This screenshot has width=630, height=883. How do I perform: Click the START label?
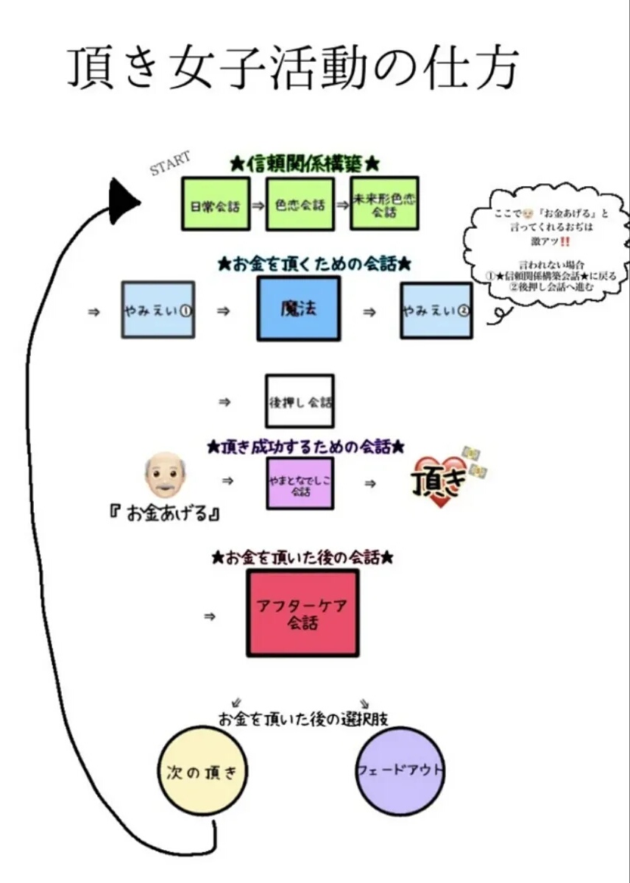[x=170, y=163]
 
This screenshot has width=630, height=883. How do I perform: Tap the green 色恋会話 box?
[x=300, y=204]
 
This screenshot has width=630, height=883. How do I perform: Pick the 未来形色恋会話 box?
[x=384, y=203]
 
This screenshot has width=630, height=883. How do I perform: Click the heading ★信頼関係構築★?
[x=305, y=163]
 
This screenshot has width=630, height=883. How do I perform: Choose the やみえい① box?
[x=157, y=310]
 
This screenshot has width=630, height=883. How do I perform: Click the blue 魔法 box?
[x=298, y=309]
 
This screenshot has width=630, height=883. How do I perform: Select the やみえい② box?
[x=436, y=311]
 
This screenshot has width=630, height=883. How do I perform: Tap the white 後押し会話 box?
[x=300, y=402]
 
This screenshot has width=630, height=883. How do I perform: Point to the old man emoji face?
[x=164, y=476]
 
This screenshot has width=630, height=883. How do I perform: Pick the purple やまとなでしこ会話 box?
[x=300, y=483]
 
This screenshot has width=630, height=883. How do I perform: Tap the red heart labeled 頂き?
[x=439, y=482]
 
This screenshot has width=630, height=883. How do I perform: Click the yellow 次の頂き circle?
[x=202, y=771]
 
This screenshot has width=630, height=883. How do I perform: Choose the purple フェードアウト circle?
[x=400, y=771]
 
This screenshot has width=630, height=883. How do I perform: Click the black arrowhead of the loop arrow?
[x=123, y=201]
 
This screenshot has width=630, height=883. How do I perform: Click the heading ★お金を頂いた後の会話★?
[x=302, y=558]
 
